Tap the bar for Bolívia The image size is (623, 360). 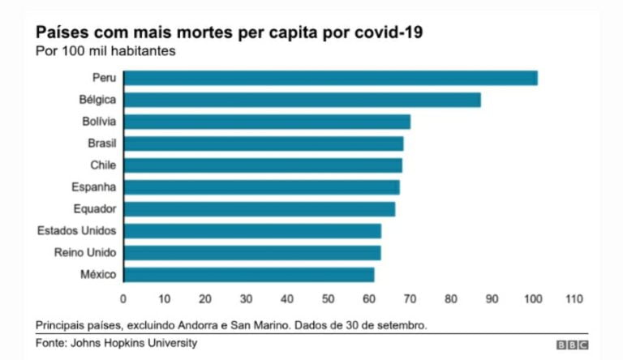268,122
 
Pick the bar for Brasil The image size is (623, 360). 264,144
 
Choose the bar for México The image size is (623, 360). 249,275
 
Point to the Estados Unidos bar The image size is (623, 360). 252,231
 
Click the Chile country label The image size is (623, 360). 103,165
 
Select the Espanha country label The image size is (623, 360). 95,187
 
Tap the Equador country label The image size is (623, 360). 95,209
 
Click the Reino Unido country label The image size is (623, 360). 85,253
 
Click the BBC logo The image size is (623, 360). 572,345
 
